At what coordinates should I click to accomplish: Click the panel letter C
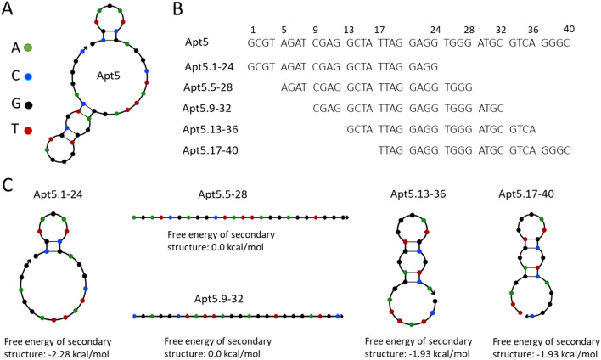tap(9, 183)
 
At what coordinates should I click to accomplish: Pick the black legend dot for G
tap(28, 105)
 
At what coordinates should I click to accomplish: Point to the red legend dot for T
tap(28, 132)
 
